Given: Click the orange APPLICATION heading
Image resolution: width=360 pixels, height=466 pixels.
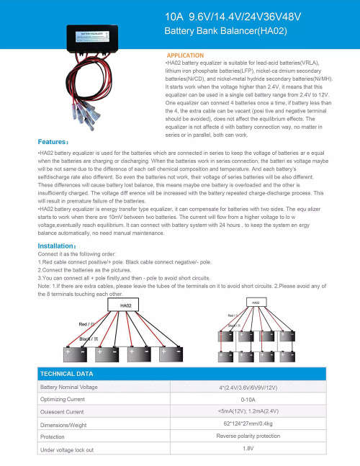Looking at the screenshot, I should (186, 55).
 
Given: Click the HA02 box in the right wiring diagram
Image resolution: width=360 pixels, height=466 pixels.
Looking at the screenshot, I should (256, 303).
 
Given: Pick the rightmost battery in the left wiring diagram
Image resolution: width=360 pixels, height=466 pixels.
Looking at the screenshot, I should (173, 355).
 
